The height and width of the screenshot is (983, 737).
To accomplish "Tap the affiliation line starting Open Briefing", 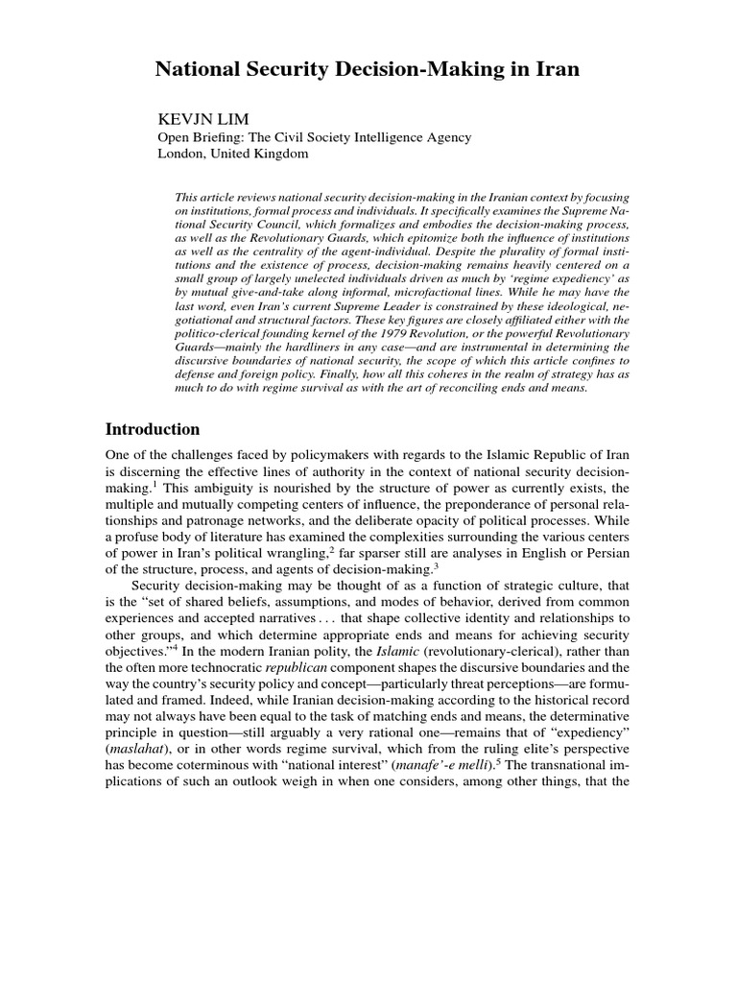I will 314,136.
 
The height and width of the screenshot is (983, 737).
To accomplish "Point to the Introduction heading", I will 154,429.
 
